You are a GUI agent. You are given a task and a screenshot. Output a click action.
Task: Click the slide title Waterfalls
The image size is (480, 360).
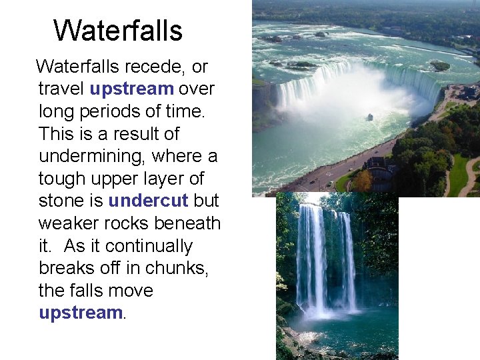[118, 31]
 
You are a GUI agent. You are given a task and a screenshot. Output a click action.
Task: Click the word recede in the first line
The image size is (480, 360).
[149, 67]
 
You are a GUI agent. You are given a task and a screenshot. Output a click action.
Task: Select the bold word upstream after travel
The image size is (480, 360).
[132, 89]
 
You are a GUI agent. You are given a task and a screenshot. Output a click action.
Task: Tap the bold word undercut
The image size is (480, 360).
[149, 201]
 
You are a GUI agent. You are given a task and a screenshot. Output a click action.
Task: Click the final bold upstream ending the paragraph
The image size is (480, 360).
[81, 313]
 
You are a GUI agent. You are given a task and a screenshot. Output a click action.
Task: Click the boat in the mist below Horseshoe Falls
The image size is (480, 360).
[370, 117]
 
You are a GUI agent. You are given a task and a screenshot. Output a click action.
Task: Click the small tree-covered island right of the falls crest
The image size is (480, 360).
[440, 65]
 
